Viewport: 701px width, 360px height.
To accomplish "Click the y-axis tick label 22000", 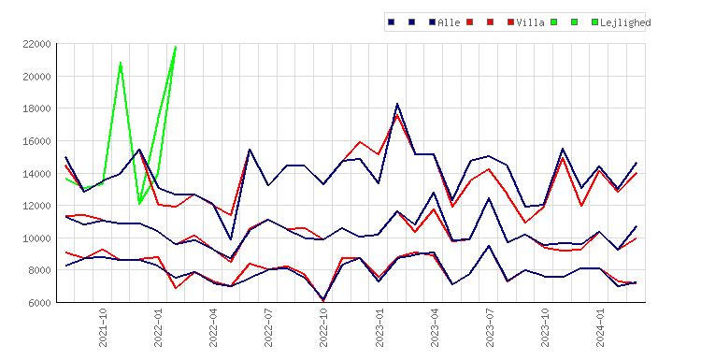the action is tap(36, 44).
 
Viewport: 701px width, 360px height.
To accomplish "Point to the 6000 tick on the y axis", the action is tap(39, 303).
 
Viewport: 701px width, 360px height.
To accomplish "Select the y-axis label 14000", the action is tap(36, 174).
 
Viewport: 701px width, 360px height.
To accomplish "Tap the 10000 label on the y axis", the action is tap(36, 238).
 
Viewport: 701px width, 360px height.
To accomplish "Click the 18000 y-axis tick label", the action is tap(36, 108).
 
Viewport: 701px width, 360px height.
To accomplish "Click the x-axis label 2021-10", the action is tap(103, 328).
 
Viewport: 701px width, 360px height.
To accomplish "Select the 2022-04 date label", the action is tap(213, 328).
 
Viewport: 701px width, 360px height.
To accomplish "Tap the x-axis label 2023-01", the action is tap(379, 328).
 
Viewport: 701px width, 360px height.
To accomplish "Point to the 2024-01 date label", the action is tap(600, 328).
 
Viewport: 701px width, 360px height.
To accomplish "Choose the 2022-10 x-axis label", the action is tap(323, 328).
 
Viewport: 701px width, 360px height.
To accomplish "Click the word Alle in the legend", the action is tap(449, 22).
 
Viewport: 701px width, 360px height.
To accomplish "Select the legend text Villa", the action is tap(530, 22).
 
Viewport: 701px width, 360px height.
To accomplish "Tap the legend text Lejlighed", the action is tap(625, 22).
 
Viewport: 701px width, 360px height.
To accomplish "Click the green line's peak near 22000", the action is tap(176, 47).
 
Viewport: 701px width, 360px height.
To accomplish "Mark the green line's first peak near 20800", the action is tap(121, 63).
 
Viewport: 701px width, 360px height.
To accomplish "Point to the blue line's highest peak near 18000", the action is tap(397, 104).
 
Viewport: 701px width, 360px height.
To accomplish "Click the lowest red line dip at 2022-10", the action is tap(323, 301).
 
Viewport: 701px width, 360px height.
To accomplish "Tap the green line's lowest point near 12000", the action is tap(139, 204).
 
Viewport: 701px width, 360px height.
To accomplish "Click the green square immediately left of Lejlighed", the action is tap(594, 22).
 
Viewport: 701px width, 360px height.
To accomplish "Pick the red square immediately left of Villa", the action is tap(510, 22).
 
